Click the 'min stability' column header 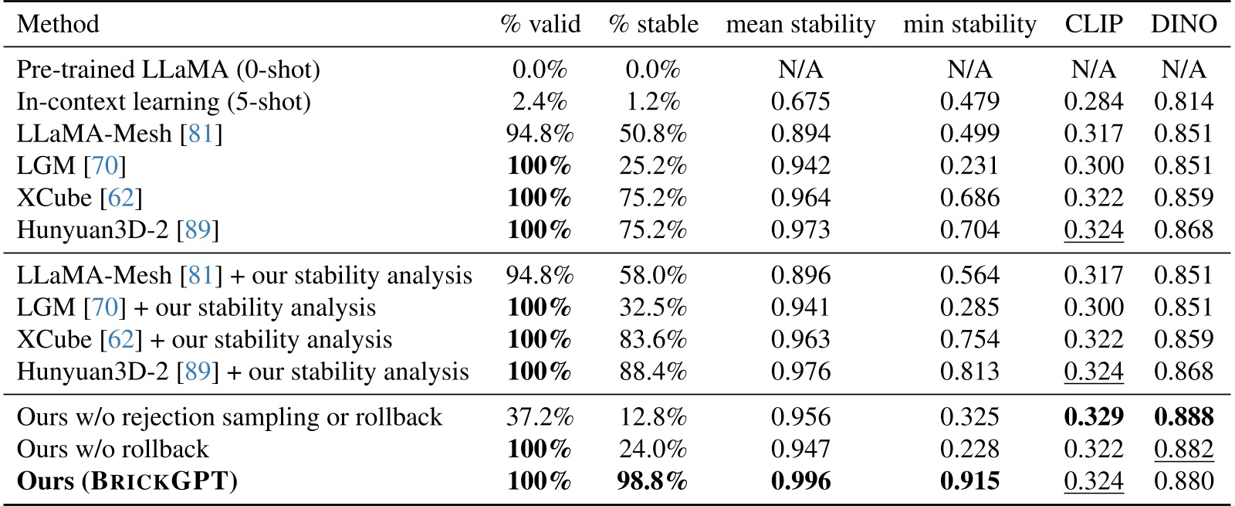click(969, 24)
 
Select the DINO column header click(1183, 24)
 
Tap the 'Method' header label click(58, 24)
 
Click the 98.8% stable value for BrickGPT click(652, 481)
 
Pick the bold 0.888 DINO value click(1183, 417)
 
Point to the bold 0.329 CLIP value click(1093, 417)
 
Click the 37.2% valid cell click(540, 417)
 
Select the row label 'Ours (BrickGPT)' click(127, 481)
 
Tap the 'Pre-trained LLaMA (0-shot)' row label click(168, 70)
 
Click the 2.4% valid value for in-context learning click(540, 101)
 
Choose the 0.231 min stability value click(969, 166)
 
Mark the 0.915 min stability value click(969, 481)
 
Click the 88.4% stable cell click(652, 372)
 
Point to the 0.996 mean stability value click(800, 481)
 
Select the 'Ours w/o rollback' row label click(113, 449)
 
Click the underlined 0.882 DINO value click(1183, 449)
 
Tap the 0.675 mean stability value click(800, 101)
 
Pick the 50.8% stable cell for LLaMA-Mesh click(652, 134)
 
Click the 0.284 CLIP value click(1093, 101)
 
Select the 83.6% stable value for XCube click(652, 339)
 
